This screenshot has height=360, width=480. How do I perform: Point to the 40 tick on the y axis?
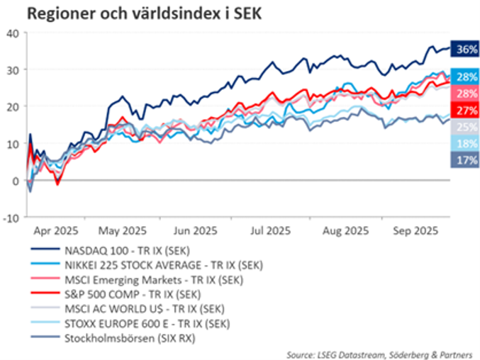click(13, 33)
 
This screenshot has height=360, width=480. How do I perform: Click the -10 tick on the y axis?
click(11, 217)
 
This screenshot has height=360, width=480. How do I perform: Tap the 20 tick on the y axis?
click(13, 106)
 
